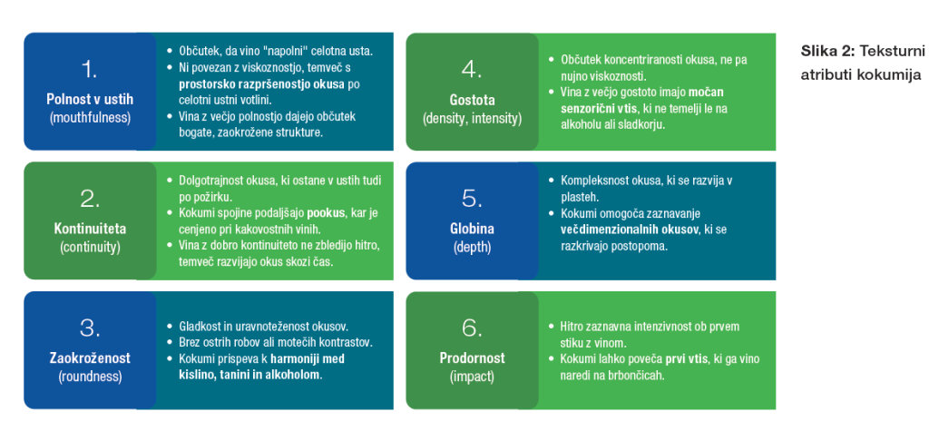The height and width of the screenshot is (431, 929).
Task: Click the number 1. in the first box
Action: click(89, 69)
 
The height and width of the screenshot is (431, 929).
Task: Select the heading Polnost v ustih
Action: click(89, 99)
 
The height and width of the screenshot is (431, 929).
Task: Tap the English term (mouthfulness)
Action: click(89, 117)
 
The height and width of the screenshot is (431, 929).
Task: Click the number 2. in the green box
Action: click(89, 198)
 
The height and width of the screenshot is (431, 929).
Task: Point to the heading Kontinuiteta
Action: click(89, 228)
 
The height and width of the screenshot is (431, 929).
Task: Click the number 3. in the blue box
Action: click(89, 328)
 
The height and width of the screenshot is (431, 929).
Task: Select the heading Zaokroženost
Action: click(89, 358)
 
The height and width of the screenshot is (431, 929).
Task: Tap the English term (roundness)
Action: click(89, 376)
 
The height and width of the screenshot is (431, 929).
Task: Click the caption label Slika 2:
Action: click(826, 51)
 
